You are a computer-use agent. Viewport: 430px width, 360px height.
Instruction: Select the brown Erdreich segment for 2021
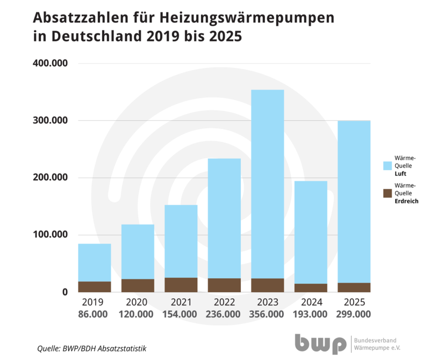(181, 285)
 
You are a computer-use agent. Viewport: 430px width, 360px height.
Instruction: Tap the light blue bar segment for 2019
(95, 262)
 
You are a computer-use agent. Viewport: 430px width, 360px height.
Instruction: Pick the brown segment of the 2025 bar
(354, 287)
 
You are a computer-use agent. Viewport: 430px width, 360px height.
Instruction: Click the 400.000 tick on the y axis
(50, 63)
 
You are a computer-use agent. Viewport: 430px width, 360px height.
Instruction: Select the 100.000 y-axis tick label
(50, 235)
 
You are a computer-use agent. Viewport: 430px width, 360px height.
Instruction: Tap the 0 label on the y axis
(64, 292)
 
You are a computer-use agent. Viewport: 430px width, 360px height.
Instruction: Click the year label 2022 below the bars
(224, 302)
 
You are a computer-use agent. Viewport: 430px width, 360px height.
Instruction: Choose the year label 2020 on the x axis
(138, 302)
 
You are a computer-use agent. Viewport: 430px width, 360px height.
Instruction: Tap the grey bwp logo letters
(320, 343)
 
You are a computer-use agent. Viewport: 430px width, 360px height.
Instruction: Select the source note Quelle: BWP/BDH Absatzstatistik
(91, 348)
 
